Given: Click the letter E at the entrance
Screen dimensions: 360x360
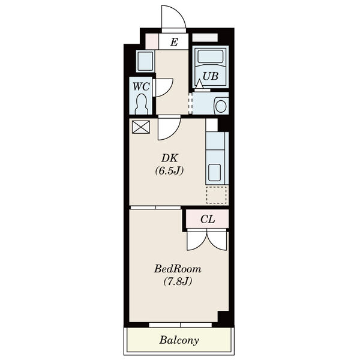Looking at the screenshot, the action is pos(174,42).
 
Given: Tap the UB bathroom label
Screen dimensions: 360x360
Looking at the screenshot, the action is pos(211,76).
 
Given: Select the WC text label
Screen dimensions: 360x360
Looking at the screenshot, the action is pos(141,86).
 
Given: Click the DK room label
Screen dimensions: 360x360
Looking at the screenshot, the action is pos(170,158).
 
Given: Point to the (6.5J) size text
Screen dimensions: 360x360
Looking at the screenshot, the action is pos(169,171).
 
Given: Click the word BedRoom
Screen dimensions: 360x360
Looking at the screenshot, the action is pos(178,269).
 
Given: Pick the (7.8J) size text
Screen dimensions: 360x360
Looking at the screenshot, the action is pos(178,281).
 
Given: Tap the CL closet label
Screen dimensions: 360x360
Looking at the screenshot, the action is pos(208,219).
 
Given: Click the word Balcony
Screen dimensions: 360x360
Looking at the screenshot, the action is pos(179,340).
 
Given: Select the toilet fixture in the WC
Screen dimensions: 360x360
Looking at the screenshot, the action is pos(141,104).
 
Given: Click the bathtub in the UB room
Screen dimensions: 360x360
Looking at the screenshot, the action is pos(211,56).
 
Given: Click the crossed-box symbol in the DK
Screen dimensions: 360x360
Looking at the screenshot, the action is pos(141,127).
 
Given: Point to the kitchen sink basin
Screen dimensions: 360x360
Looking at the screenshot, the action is pos(215,173).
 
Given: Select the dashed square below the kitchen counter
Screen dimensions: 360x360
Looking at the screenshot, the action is pos(217,195).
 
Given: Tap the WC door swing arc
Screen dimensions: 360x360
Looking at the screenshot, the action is pos(168,90).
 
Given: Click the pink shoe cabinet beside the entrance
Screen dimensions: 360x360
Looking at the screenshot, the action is pos(152,41).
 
